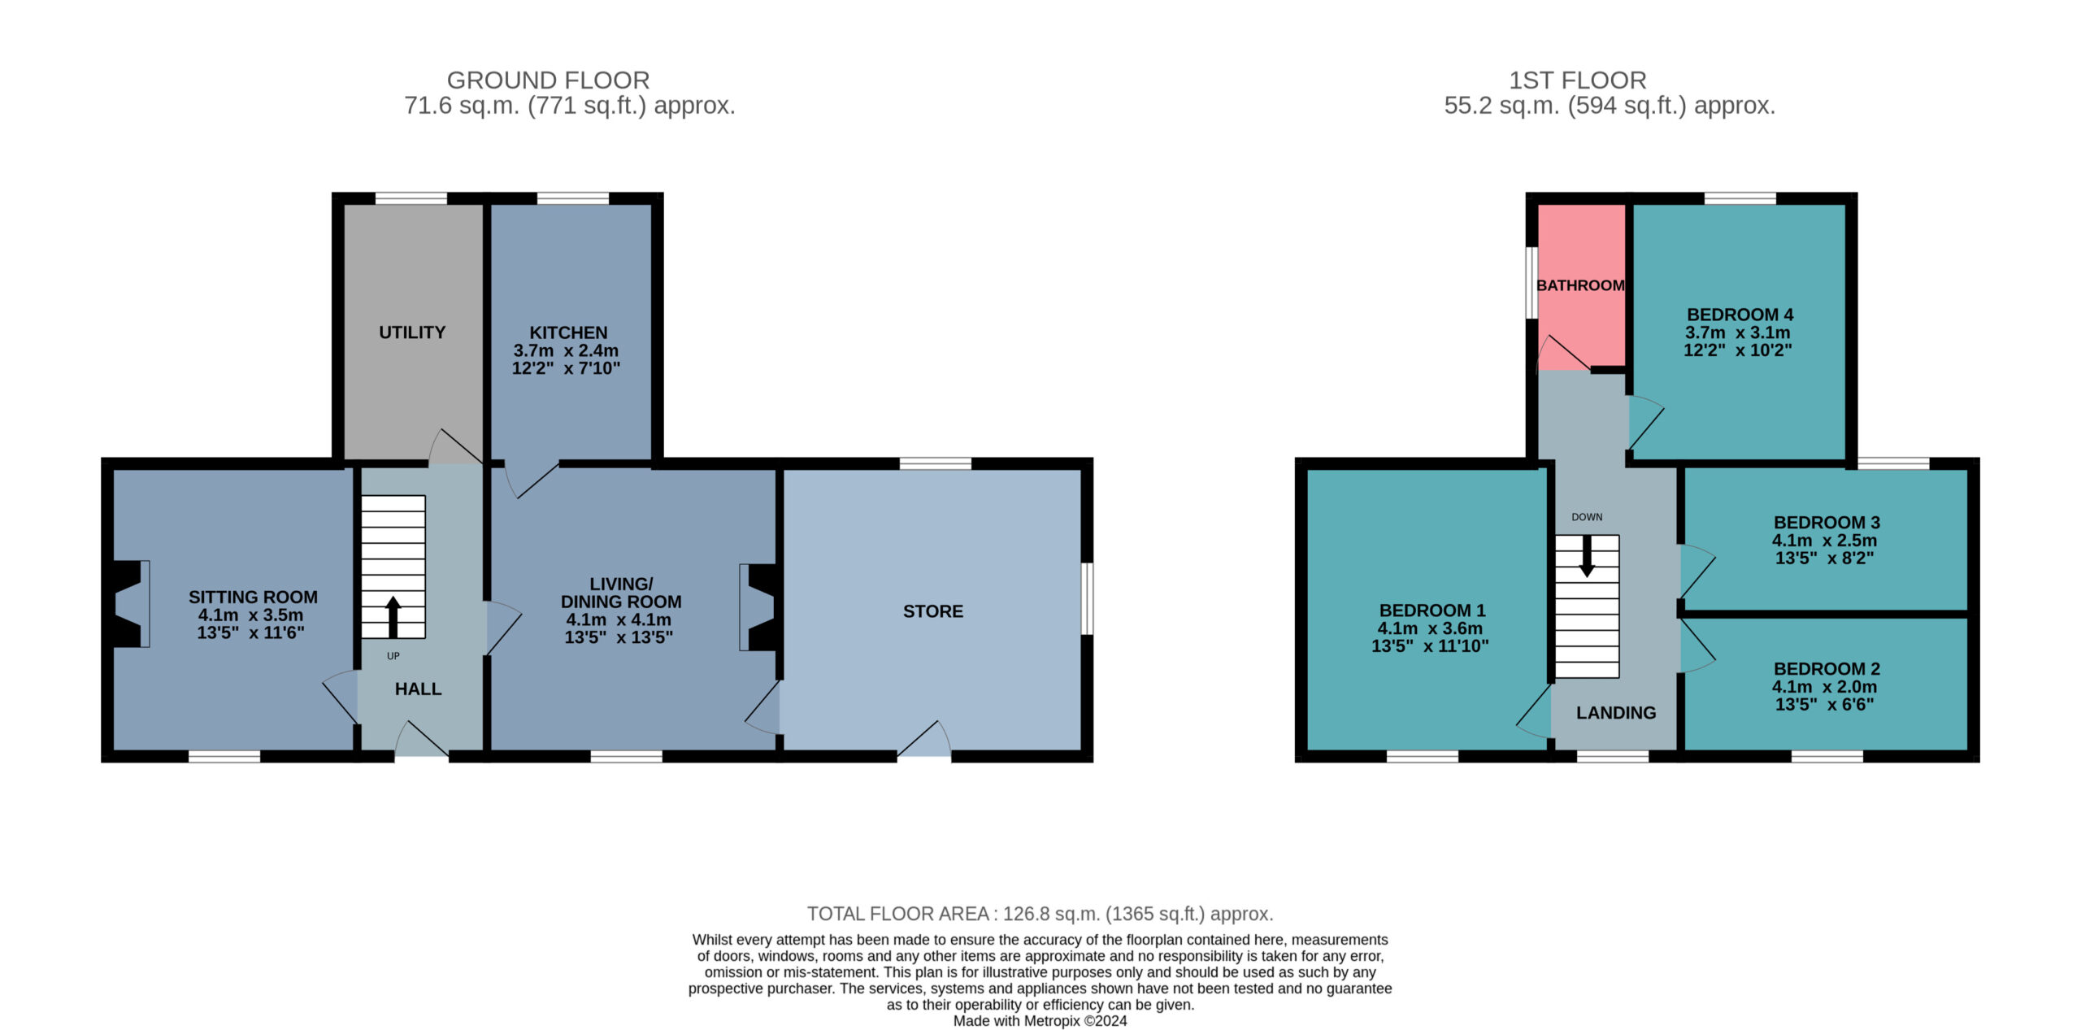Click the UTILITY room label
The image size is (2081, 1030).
pos(412,332)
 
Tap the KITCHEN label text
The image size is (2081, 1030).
pos(568,332)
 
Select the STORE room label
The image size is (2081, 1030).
pos(933,611)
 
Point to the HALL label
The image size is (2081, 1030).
pos(418,689)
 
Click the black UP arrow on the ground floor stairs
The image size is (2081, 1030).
pos(393,617)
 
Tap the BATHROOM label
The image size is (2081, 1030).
pos(1580,285)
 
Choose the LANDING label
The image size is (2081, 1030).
pos(1616,713)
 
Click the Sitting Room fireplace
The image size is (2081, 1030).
pos(130,604)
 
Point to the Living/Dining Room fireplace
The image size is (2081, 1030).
pos(758,607)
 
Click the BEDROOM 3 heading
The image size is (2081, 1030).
pos(1827,523)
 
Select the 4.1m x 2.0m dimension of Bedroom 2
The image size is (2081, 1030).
pos(1824,687)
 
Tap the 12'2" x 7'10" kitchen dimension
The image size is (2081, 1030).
pos(566,368)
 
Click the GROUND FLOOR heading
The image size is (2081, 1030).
pos(549,80)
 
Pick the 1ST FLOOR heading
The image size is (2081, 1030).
pos(1578,80)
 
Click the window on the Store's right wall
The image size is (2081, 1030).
pos(1087,598)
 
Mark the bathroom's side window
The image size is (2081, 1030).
pos(1531,283)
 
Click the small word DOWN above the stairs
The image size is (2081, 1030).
pos(1587,517)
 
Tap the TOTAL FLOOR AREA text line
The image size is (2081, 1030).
pos(1040,914)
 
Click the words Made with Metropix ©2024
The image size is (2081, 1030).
pos(1040,1021)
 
